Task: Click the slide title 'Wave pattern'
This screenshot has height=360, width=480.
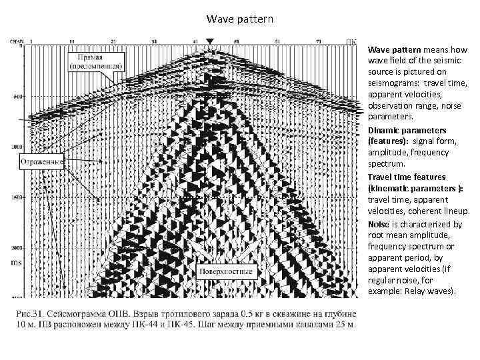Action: click(x=239, y=19)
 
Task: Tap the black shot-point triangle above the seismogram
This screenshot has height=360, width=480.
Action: click(x=210, y=41)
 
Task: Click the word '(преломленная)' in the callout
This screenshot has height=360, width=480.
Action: click(x=93, y=67)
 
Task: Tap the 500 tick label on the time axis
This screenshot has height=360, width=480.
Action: click(x=17, y=96)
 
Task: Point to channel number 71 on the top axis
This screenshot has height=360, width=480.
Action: click(x=318, y=41)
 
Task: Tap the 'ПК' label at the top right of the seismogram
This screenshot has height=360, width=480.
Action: click(x=351, y=41)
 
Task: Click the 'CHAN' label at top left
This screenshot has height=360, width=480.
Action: click(x=16, y=41)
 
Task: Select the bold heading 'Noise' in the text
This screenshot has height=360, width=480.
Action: click(x=377, y=225)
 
